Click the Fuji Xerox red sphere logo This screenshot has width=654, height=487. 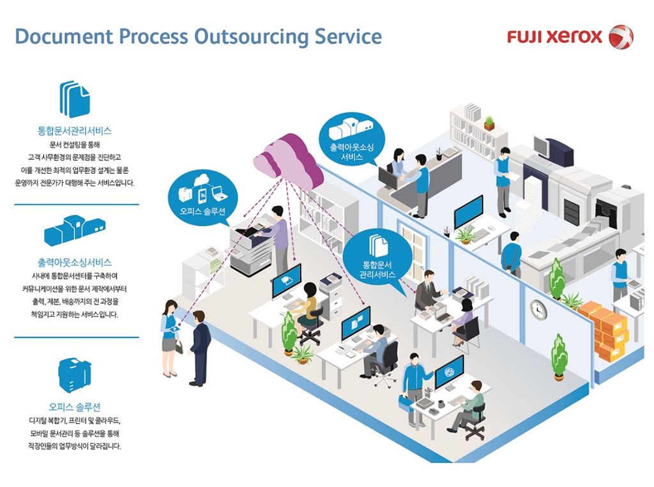[x=620, y=36]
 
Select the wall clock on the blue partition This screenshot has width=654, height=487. [x=538, y=309]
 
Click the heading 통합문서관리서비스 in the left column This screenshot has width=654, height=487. [x=75, y=131]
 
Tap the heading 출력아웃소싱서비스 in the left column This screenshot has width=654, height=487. [x=75, y=263]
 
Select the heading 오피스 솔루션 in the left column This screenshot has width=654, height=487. [x=75, y=406]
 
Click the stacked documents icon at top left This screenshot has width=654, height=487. [x=75, y=98]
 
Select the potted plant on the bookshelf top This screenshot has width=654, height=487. [x=489, y=122]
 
